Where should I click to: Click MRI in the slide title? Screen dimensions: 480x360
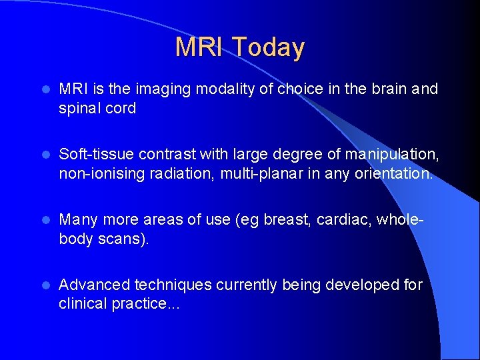(x=199, y=47)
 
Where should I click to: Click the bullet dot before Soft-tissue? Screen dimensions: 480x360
(x=46, y=155)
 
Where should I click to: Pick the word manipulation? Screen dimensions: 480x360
(x=392, y=154)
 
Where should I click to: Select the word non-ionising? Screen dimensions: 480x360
(x=101, y=174)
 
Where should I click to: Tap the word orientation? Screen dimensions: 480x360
(x=394, y=173)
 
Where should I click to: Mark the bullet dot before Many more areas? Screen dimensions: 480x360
(x=46, y=220)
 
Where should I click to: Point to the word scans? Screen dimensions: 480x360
(x=121, y=239)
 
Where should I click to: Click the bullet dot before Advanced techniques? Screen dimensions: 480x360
(x=46, y=285)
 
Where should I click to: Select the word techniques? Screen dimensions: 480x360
(x=173, y=285)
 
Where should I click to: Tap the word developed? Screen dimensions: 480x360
(x=363, y=285)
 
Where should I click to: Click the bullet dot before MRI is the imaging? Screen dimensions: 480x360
(x=46, y=89)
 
